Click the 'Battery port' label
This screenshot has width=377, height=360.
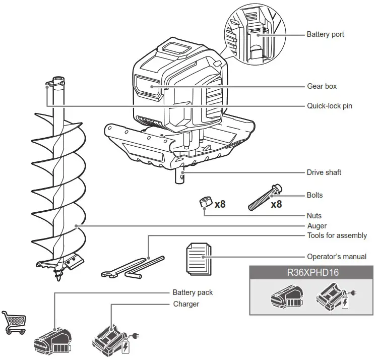pos(325,35)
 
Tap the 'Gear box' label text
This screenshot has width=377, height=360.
pos(322,86)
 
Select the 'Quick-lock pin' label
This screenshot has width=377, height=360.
pos(329,106)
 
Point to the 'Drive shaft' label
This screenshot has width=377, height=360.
pos(324,172)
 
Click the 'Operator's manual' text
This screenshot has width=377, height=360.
pos(336,257)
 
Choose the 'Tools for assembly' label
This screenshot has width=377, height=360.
pos(337,235)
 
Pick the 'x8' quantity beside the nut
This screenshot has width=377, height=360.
pos(220,205)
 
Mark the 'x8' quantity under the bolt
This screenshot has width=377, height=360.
pos(276,205)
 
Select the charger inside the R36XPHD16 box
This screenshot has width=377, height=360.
pos(333,297)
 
